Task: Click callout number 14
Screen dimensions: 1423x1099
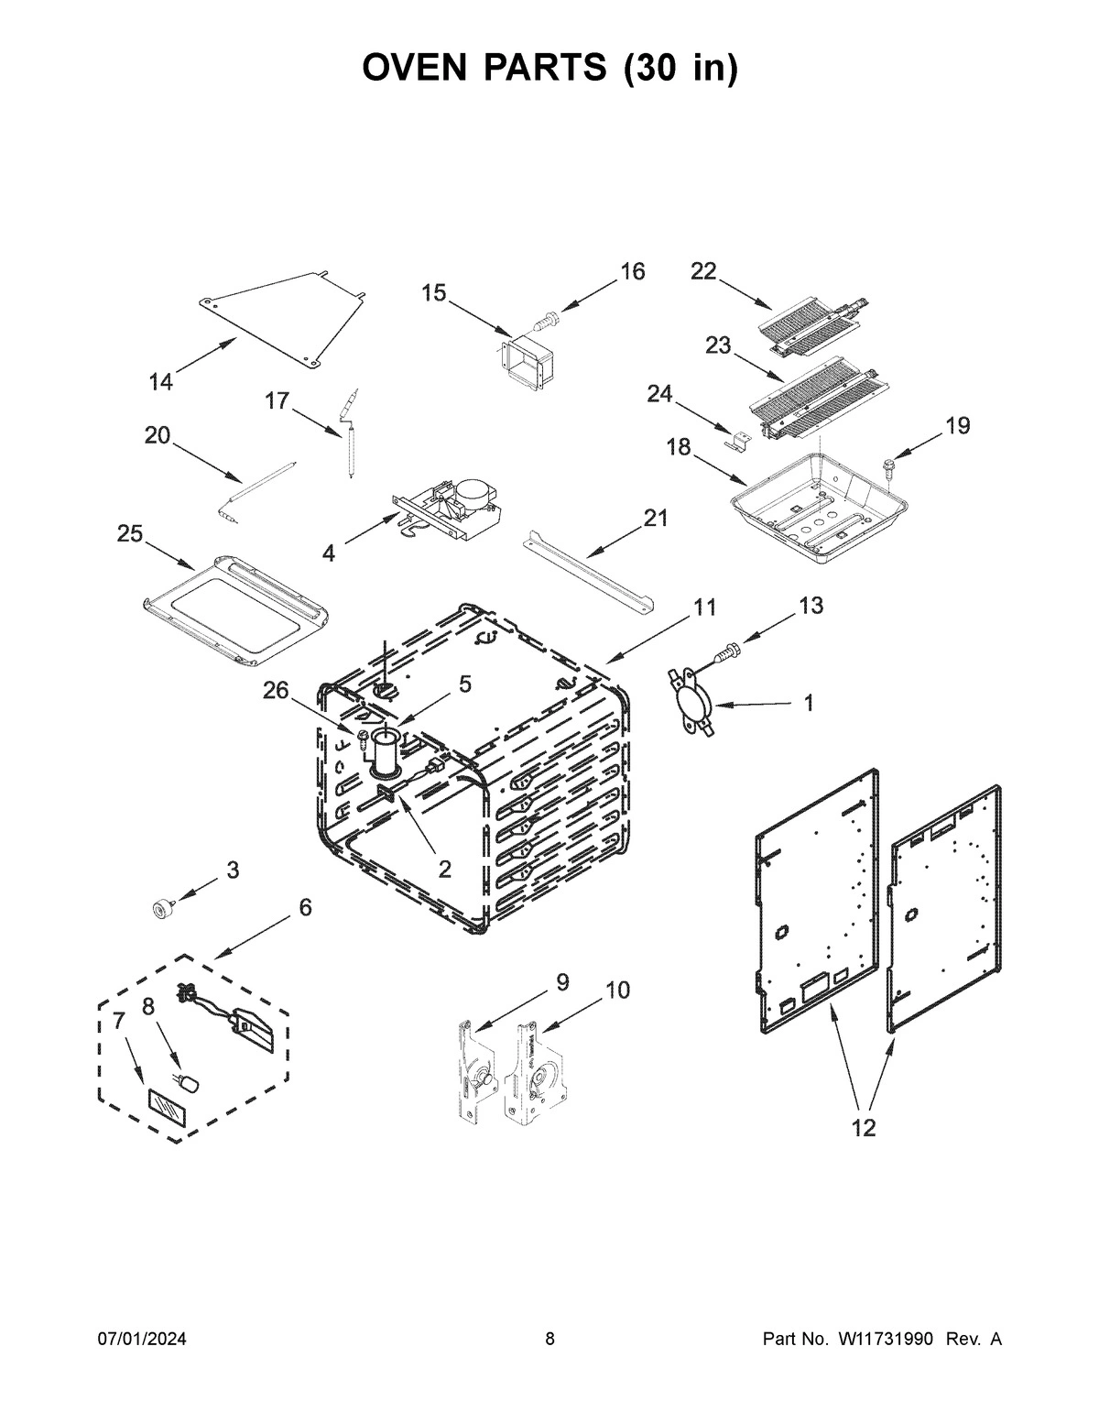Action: click(160, 383)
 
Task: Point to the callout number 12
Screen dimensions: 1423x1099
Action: click(863, 1128)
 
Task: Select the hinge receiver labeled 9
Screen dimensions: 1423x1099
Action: click(473, 1070)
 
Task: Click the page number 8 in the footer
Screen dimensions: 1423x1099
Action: click(549, 1340)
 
